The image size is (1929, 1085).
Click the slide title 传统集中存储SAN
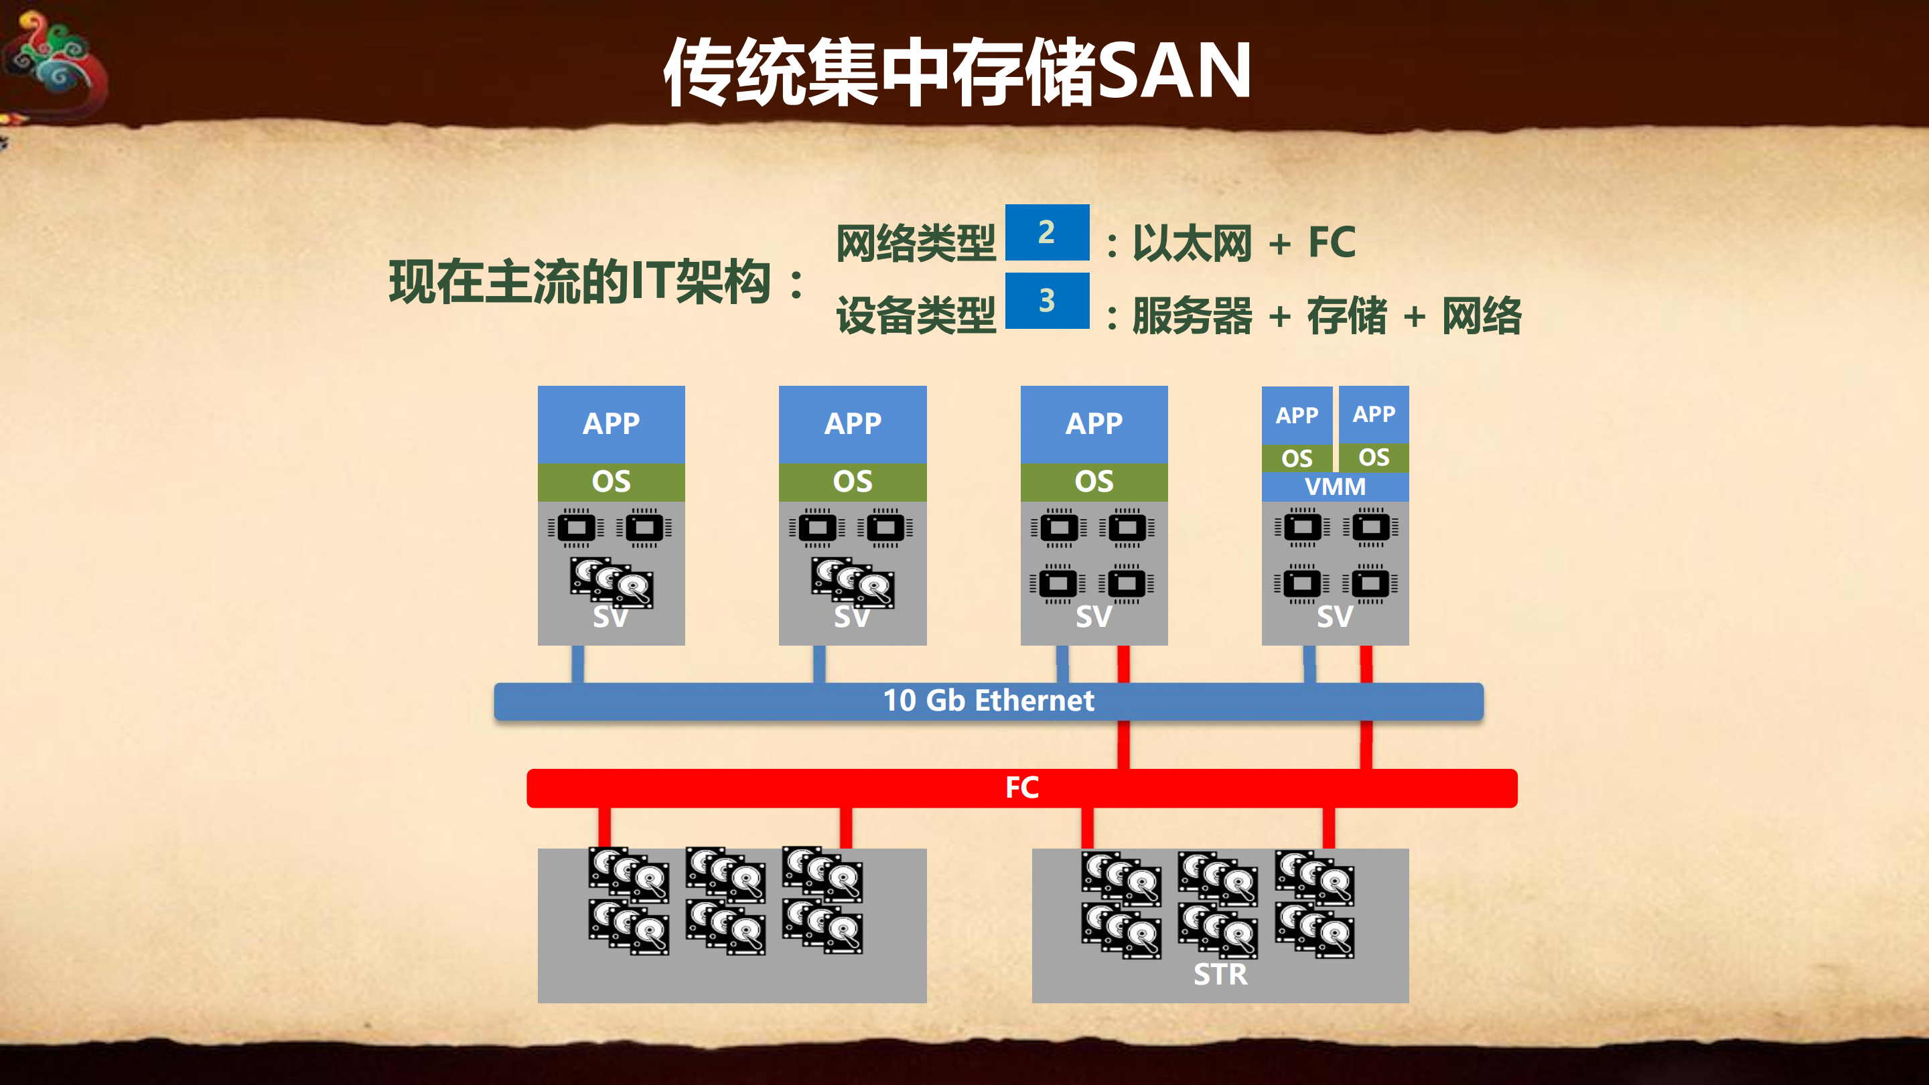coord(957,71)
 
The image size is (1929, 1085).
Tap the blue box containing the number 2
coord(1046,232)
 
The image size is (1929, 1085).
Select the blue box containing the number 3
coord(1046,300)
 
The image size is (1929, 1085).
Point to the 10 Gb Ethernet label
coord(988,701)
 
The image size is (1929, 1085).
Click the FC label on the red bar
coord(1021,788)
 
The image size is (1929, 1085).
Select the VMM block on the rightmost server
coord(1334,487)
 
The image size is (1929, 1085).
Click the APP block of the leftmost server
coord(611,424)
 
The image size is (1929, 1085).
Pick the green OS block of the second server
coord(852,482)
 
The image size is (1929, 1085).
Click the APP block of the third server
coord(1093,424)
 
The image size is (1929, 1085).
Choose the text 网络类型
coord(915,243)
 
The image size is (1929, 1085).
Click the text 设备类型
coord(915,315)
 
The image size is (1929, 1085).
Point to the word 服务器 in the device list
coord(1192,315)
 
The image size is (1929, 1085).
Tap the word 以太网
coord(1192,243)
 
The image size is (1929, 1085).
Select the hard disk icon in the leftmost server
coord(611,583)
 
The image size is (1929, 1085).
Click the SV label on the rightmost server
coord(1334,617)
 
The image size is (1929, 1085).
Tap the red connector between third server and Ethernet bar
coord(1123,664)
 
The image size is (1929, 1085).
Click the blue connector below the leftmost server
coord(577,664)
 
